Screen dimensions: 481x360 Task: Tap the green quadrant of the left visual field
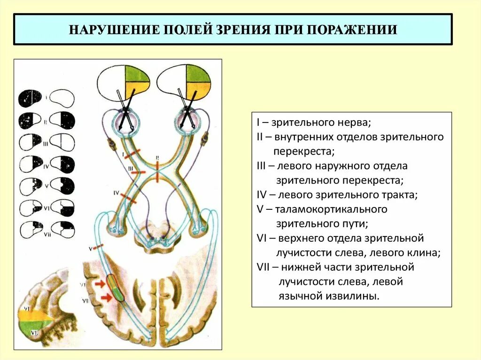coord(137,74)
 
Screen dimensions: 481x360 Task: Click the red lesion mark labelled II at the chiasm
coord(158,171)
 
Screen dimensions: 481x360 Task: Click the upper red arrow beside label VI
coord(100,283)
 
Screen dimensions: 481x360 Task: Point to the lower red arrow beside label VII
coord(107,297)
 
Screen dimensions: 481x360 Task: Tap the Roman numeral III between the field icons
coord(46,145)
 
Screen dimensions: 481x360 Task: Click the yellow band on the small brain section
coord(35,315)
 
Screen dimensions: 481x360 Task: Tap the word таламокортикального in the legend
coord(331,209)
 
